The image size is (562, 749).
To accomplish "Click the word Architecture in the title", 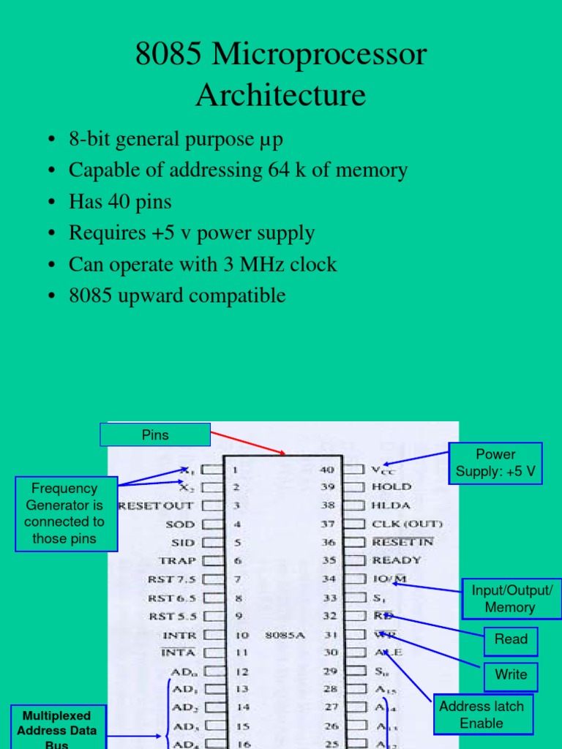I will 281,95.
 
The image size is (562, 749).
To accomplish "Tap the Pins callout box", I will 155,435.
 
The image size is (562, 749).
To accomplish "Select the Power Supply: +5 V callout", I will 495,463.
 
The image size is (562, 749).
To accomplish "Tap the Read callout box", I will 511,639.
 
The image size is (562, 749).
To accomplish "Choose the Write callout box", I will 511,674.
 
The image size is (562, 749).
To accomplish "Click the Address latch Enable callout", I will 482,714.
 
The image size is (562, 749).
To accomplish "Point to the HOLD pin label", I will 391,486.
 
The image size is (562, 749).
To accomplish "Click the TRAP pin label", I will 177,561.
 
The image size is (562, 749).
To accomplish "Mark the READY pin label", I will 397,560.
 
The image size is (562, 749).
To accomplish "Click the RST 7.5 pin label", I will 172,579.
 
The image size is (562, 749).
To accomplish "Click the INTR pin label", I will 179,635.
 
